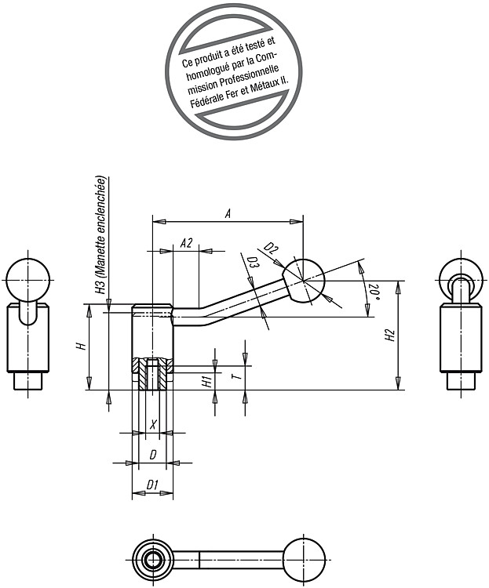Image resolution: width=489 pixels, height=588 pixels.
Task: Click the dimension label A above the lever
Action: click(227, 214)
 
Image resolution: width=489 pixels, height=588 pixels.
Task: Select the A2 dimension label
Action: click(186, 243)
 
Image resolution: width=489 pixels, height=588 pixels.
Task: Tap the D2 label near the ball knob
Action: click(271, 249)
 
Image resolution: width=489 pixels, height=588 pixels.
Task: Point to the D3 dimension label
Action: click(253, 263)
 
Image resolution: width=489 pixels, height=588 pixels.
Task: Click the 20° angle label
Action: click(374, 292)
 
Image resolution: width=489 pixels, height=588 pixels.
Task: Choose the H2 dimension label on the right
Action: click(391, 335)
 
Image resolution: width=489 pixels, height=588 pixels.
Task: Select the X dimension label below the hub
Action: click(152, 425)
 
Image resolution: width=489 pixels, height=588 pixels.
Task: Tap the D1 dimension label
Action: click(151, 485)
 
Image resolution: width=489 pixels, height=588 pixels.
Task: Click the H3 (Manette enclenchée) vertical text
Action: click(100, 235)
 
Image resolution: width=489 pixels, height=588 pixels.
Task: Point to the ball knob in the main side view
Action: click(303, 281)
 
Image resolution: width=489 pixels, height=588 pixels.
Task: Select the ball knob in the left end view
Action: click(27, 280)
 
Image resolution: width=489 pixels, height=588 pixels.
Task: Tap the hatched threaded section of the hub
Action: click(152, 374)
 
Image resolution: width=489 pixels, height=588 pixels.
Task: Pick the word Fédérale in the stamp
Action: click(205, 99)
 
